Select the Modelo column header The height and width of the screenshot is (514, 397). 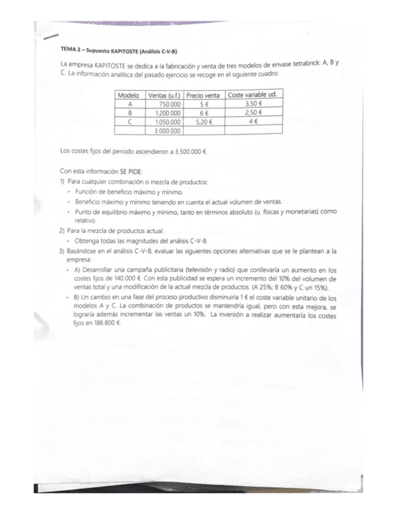(x=128, y=95)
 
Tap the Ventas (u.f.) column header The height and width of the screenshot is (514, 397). (x=165, y=95)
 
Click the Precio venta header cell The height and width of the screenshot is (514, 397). (x=203, y=95)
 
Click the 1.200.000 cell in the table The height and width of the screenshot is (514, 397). (x=166, y=112)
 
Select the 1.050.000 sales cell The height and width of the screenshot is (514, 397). (x=166, y=121)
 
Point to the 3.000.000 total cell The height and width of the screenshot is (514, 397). (x=166, y=130)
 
